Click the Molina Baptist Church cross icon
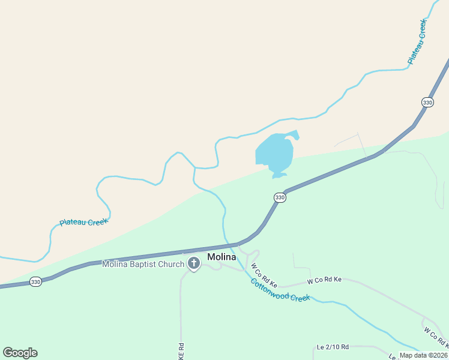click(194, 263)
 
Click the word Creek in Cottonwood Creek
click(300, 296)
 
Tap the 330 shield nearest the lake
click(280, 197)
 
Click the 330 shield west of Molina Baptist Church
click(35, 282)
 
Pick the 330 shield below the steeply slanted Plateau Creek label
click(427, 103)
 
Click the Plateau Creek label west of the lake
click(83, 222)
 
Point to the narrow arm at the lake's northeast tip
click(294, 134)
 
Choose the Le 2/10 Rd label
click(331, 348)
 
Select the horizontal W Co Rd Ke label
click(324, 280)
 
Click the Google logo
click(20, 353)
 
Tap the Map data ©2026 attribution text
click(423, 355)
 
